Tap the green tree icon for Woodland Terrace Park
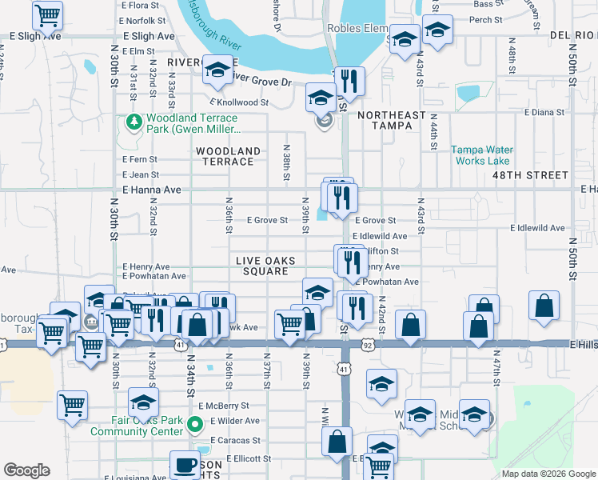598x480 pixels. pos(134,122)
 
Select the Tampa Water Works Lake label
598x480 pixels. pos(482,154)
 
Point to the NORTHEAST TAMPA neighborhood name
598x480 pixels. pos(392,122)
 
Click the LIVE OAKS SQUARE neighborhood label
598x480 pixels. pos(265,266)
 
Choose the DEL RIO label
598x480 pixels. pos(573,36)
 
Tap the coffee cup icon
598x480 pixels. pos(185,465)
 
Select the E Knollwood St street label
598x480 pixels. pos(239,102)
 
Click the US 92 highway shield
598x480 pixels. pos(367,345)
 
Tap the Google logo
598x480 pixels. pos(27,470)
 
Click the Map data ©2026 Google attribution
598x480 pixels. pos(548,474)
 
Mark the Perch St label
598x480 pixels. pos(486,18)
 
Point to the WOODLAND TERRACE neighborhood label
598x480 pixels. pos(229,156)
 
